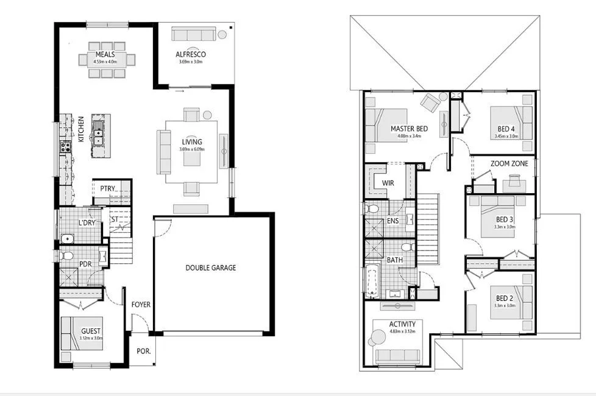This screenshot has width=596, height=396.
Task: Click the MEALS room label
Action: coord(105,55)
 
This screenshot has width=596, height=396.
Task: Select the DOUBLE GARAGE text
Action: coord(210,267)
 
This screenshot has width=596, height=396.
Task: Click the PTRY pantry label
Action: coord(108,188)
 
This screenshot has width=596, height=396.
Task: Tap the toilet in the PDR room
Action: coord(66,255)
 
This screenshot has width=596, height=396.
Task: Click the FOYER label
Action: coord(141,305)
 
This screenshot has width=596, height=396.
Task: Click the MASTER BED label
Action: coord(409,129)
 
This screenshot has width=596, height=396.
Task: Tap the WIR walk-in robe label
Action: coord(388,183)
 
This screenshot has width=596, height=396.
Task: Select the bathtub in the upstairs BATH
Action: coord(372,281)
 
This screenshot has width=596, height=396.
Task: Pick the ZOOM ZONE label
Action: coord(509,164)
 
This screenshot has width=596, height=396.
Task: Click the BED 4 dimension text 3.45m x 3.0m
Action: coord(505,136)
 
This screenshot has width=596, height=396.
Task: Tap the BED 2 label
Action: coord(504,299)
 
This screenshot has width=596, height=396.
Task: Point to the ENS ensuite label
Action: coord(392,220)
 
